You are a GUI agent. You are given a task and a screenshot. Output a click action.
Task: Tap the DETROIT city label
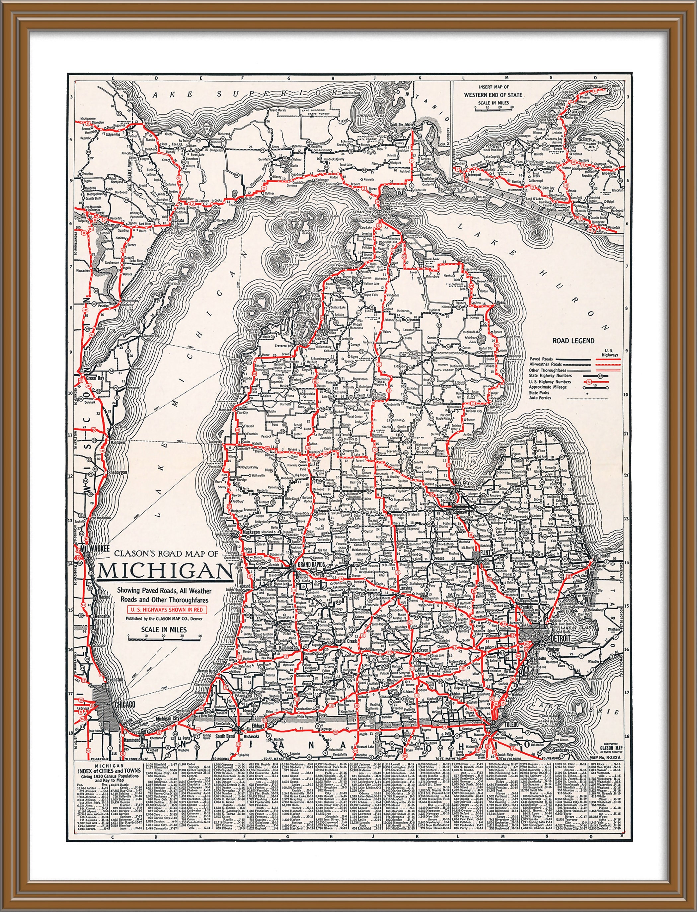point(558,638)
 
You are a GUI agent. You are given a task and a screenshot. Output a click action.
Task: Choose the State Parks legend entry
point(539,392)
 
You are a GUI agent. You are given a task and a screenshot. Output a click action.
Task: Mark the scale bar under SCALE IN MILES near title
point(164,639)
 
